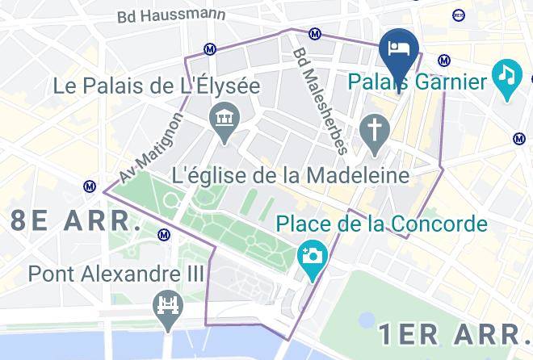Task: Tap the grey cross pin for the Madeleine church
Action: tap(375, 129)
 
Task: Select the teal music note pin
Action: tap(506, 75)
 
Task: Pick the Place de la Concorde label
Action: tap(382, 223)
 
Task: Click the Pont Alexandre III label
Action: tap(116, 274)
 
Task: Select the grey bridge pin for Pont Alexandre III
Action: tap(168, 308)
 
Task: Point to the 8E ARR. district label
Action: tap(71, 220)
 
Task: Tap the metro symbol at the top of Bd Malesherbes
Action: tap(314, 34)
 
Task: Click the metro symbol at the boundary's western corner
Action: tap(90, 186)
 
